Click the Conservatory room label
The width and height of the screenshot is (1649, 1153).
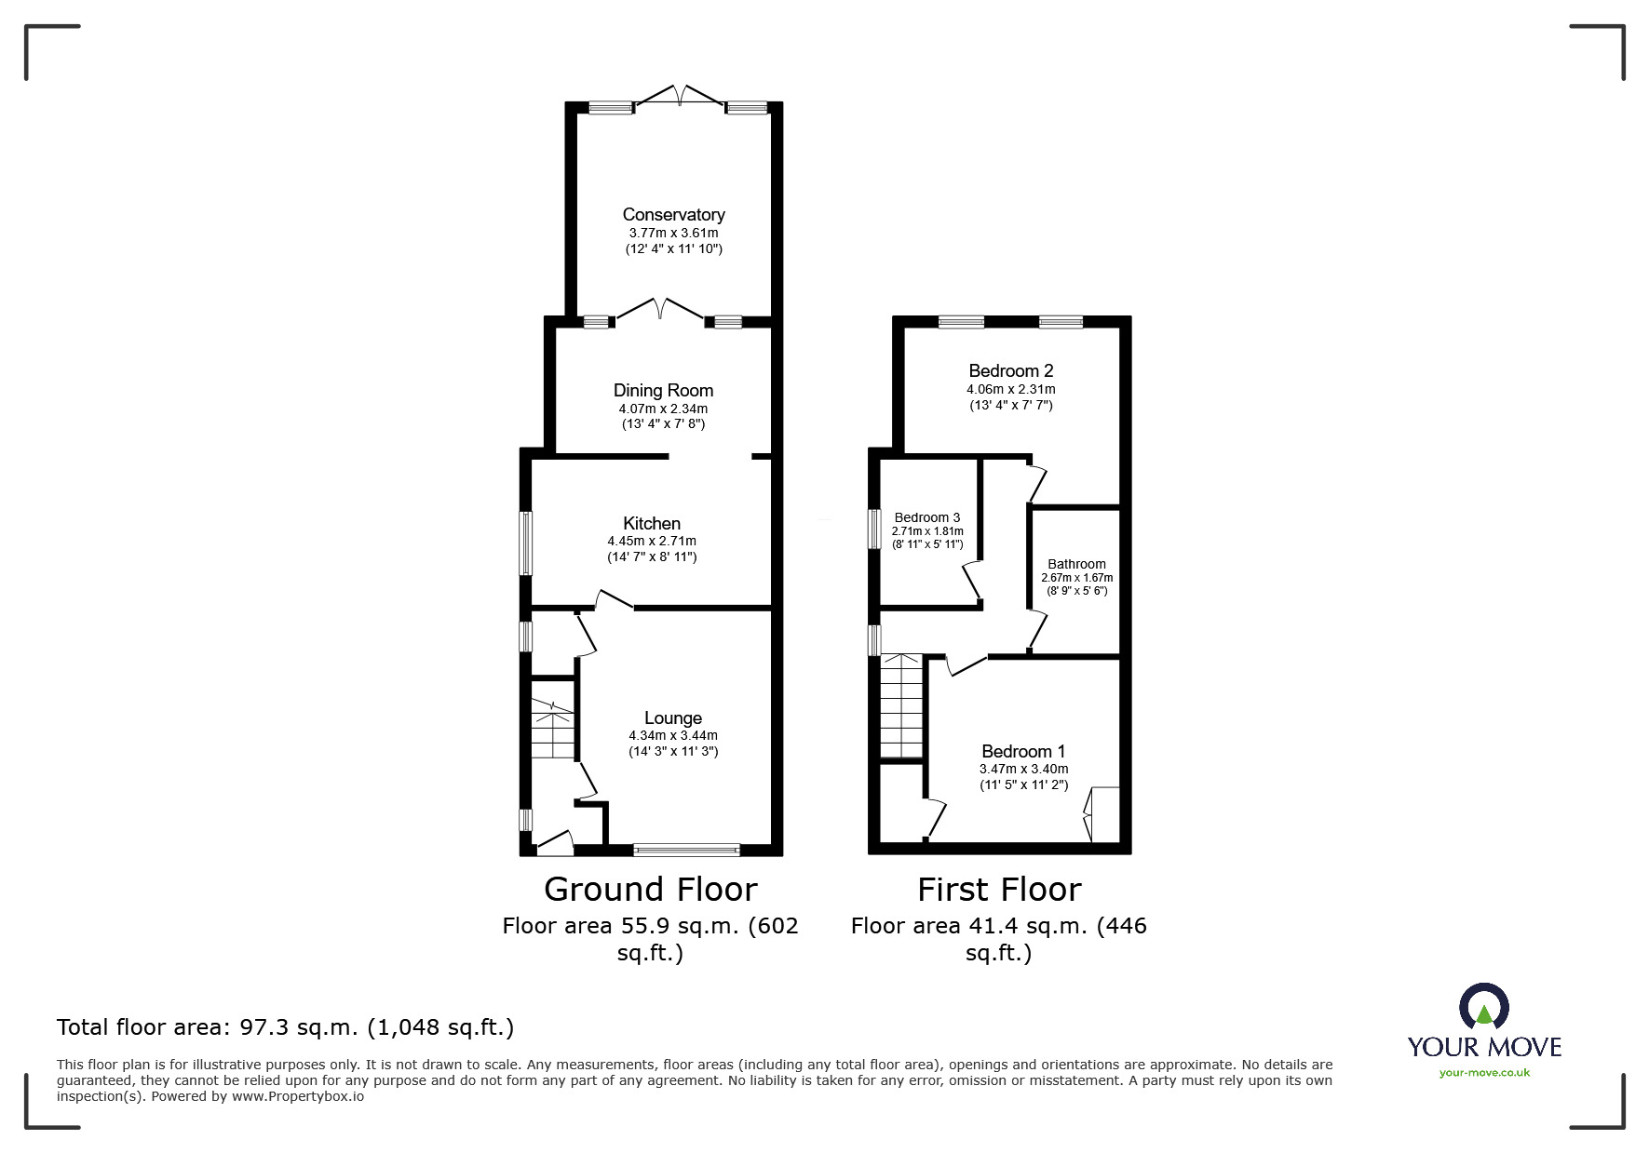click(673, 215)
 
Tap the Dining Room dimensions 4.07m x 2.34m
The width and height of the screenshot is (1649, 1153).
click(663, 409)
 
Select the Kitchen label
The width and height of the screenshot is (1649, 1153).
click(652, 524)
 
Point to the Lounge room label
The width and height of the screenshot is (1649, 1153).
click(672, 718)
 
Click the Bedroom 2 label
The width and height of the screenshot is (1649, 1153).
click(1010, 371)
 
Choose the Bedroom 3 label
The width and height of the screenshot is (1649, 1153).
click(926, 518)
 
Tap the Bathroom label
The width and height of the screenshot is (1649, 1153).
click(1076, 564)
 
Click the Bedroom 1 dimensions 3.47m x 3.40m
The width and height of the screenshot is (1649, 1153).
click(1023, 770)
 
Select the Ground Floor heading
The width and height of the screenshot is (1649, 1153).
click(650, 890)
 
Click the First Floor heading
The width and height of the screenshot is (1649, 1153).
click(999, 891)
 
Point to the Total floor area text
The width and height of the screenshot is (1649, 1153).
click(285, 1028)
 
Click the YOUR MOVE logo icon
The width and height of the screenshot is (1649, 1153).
click(1483, 1008)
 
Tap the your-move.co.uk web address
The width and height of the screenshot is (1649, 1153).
click(1484, 1073)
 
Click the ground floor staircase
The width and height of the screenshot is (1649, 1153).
click(552, 731)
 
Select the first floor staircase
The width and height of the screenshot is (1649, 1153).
click(901, 707)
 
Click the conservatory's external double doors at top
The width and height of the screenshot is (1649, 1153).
click(680, 96)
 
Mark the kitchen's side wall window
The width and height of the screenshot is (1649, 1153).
click(526, 543)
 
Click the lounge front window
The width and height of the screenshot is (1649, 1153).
click(686, 849)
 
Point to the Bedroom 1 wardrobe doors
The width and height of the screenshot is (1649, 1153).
click(1088, 814)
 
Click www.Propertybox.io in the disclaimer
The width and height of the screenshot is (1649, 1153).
click(298, 1097)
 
